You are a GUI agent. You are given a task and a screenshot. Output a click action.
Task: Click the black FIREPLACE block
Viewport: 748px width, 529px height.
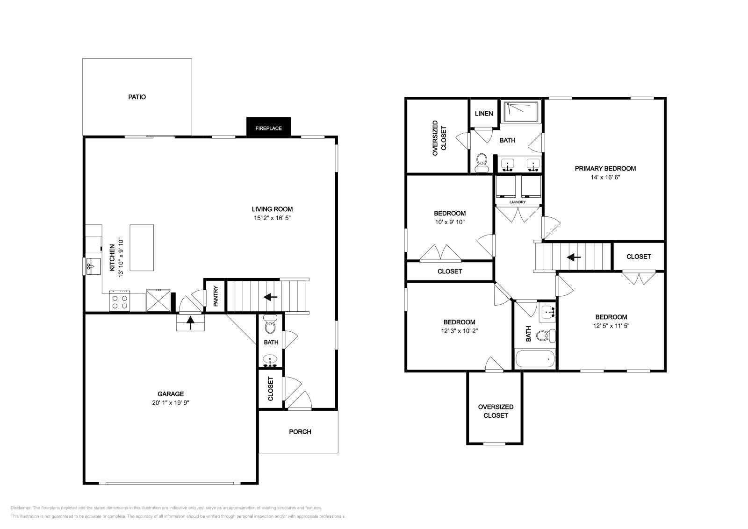pyautogui.click(x=268, y=127)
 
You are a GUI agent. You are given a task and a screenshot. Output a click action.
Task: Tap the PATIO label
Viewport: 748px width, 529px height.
pyautogui.click(x=137, y=97)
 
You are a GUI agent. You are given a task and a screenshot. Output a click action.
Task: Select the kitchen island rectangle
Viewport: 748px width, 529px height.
pyautogui.click(x=142, y=248)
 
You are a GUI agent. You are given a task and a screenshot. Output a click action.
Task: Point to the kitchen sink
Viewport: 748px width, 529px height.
pyautogui.click(x=93, y=266)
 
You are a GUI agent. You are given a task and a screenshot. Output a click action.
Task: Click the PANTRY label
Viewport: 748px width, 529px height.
pyautogui.click(x=216, y=296)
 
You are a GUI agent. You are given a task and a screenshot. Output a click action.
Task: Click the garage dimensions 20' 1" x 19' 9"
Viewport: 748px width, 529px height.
pyautogui.click(x=171, y=403)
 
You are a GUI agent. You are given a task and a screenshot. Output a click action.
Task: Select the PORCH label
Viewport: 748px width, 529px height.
pyautogui.click(x=300, y=432)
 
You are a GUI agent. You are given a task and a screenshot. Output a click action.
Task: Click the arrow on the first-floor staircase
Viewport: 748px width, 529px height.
pyautogui.click(x=271, y=297)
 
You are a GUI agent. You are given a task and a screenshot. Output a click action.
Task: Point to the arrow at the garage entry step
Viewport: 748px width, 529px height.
pyautogui.click(x=190, y=323)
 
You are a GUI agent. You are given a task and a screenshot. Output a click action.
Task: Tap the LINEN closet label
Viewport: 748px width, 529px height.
pyautogui.click(x=484, y=114)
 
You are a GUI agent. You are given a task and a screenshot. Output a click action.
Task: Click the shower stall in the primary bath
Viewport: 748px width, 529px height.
pyautogui.click(x=521, y=112)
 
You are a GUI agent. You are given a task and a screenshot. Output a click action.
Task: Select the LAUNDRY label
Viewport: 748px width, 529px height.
pyautogui.click(x=518, y=202)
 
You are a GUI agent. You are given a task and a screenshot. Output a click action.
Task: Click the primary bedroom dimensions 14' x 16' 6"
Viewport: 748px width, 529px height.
pyautogui.click(x=605, y=177)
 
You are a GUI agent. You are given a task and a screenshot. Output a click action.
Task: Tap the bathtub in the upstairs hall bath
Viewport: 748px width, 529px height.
pyautogui.click(x=535, y=359)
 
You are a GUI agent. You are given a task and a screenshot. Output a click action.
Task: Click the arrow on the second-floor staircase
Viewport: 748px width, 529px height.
pyautogui.click(x=574, y=257)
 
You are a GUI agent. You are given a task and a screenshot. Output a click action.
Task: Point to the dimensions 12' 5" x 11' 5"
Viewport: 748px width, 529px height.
pyautogui.click(x=611, y=326)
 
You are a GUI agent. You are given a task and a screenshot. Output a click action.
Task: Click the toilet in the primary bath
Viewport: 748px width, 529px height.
pyautogui.click(x=482, y=163)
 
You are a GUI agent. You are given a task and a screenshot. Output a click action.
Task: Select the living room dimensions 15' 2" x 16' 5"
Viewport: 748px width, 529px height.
pyautogui.click(x=272, y=218)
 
